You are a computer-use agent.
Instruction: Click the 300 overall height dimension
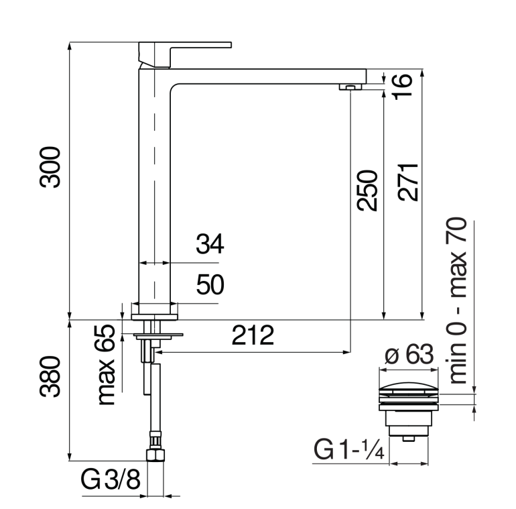click(x=50, y=167)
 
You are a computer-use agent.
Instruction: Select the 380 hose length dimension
click(x=50, y=376)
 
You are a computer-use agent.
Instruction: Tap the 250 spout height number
click(x=367, y=190)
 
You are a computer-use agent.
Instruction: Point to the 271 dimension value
click(x=408, y=182)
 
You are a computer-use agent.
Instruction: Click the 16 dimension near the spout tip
click(x=402, y=85)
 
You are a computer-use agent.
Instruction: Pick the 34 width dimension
click(x=210, y=244)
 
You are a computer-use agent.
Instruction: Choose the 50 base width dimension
click(x=210, y=284)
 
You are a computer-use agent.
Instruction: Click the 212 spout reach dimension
click(x=253, y=335)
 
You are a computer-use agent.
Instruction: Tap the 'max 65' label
click(x=107, y=365)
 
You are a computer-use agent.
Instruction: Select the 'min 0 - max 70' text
click(x=456, y=300)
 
